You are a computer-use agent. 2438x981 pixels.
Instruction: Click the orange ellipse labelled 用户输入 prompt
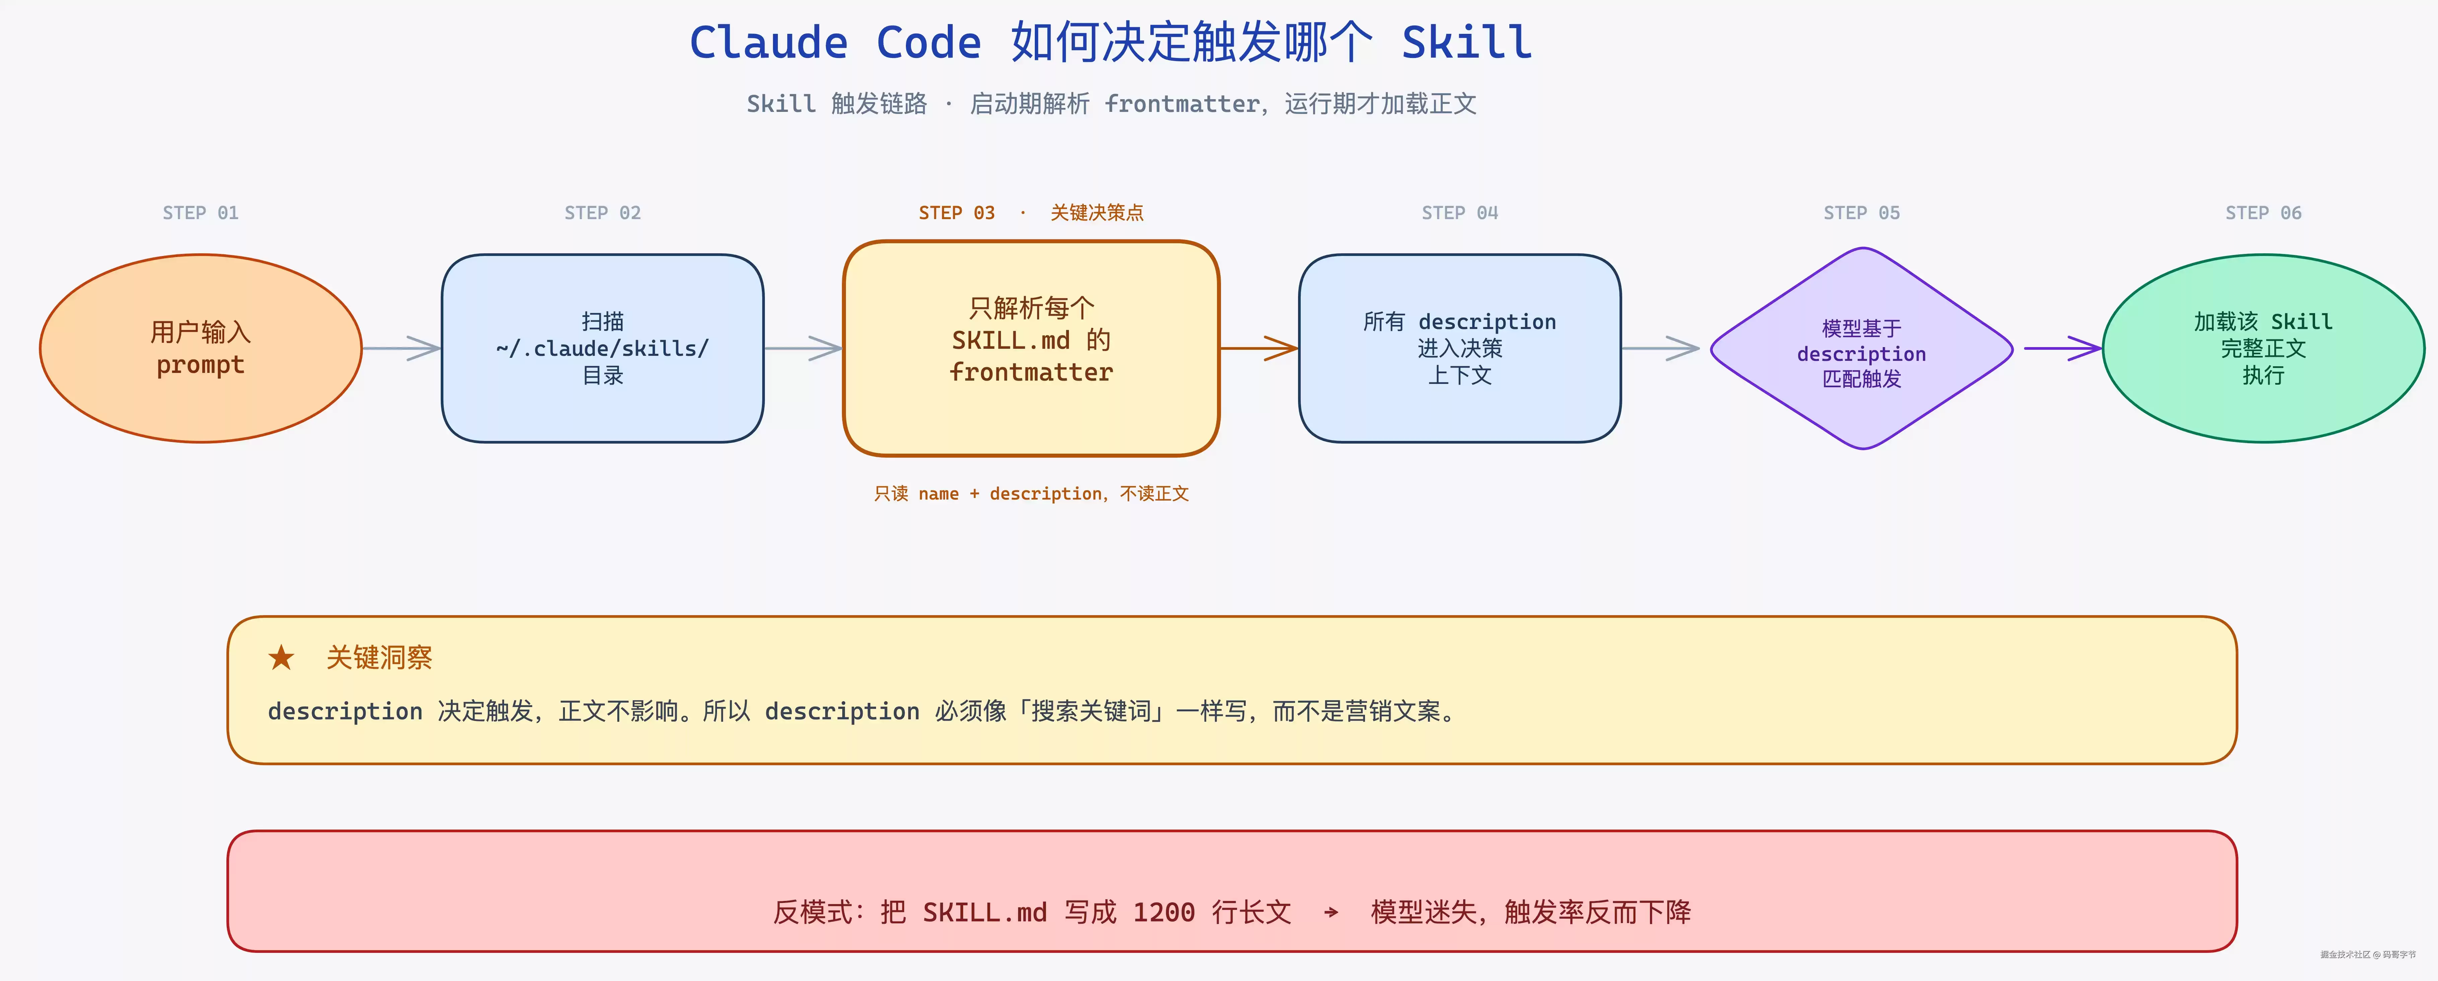point(201,348)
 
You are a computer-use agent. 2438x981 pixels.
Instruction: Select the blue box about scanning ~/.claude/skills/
point(603,348)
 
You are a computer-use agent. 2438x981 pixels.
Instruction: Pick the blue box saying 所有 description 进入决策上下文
point(1459,348)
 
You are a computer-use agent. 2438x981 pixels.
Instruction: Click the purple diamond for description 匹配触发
point(1862,348)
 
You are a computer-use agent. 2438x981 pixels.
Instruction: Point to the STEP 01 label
point(201,213)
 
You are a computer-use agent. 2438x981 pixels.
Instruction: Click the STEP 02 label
point(603,213)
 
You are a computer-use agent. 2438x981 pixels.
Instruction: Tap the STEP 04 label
point(1459,213)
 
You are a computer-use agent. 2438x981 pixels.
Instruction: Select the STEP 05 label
point(1862,213)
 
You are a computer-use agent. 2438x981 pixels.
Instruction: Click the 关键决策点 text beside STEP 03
point(1097,213)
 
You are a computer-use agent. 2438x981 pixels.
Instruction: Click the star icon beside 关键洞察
point(281,657)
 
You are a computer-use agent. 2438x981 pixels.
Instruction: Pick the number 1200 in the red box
point(1164,913)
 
